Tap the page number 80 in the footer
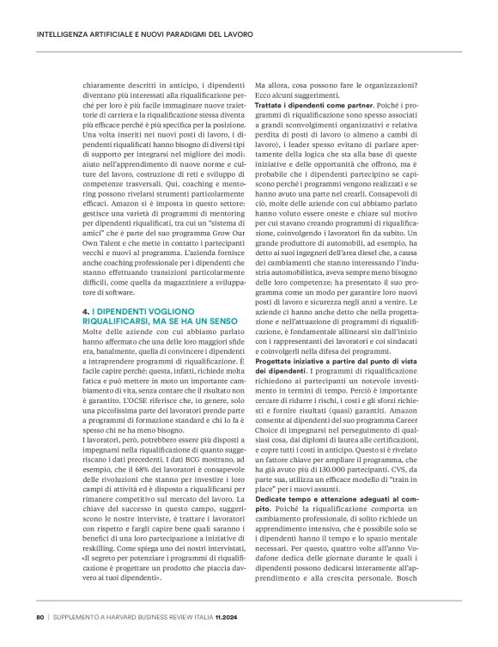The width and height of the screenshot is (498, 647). pos(39,615)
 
